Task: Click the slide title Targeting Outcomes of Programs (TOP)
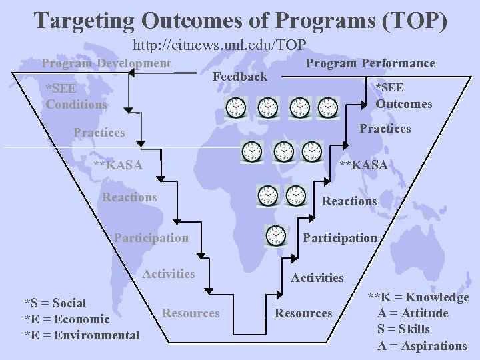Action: coord(240,19)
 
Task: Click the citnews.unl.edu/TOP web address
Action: coord(219,45)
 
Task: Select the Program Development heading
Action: coord(106,63)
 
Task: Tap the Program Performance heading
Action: coord(370,63)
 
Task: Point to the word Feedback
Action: coord(239,77)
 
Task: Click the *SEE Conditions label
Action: coord(76,96)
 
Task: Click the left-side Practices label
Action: coord(99,133)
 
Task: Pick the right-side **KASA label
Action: coord(363,165)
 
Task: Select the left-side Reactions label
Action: coord(129,197)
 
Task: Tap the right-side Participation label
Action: coord(340,237)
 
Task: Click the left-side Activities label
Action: coord(169,273)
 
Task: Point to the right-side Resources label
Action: coord(303,313)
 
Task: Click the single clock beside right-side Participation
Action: coord(275,235)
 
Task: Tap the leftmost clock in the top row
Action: coord(236,107)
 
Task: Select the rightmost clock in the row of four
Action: coord(328,107)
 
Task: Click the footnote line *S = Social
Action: coord(55,303)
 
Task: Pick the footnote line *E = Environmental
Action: coord(81,335)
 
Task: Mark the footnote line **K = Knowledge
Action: coord(419,297)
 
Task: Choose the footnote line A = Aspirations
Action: coord(422,345)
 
